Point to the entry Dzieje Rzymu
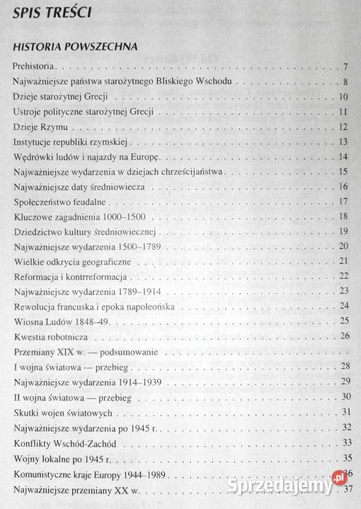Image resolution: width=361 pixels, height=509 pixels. [x=40, y=127]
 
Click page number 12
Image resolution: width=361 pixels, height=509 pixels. [x=343, y=127]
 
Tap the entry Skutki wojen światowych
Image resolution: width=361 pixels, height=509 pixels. [x=60, y=411]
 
